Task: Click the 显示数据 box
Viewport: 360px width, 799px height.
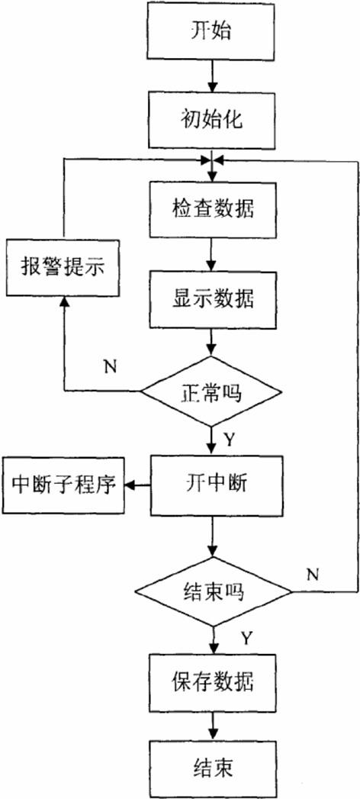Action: pos(214,297)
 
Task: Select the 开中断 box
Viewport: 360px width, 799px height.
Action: pos(214,483)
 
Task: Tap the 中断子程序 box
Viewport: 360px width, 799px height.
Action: pos(65,485)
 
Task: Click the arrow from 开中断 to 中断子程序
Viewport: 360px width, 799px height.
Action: pos(137,484)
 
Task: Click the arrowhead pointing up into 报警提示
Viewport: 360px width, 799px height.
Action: pos(65,304)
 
